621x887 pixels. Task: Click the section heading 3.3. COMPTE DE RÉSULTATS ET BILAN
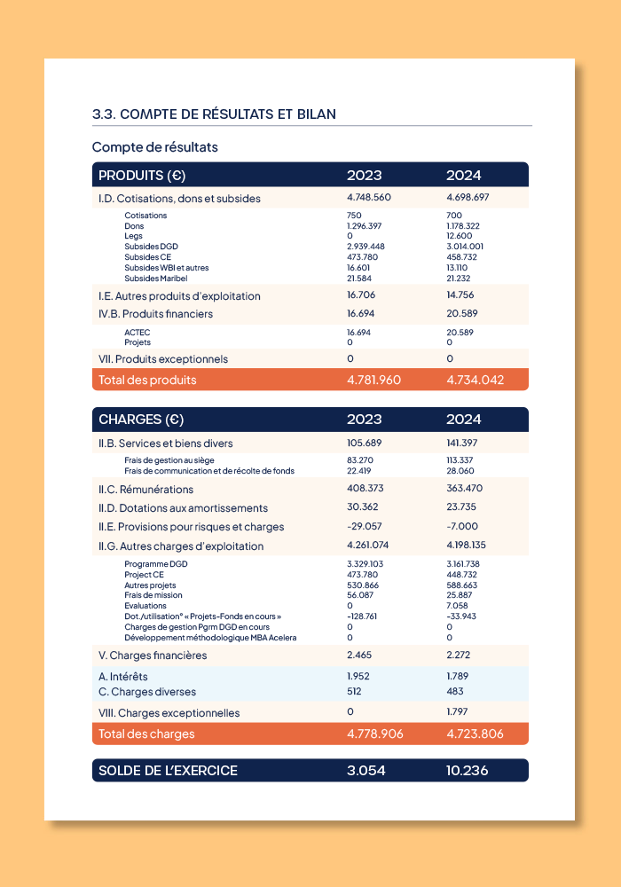214,114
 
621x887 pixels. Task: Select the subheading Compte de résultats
155,147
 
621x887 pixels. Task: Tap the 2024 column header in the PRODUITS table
463,175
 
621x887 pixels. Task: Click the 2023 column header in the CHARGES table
364,420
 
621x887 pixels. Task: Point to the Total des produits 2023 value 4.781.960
373,380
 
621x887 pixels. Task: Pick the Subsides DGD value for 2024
465,247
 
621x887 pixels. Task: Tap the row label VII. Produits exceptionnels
163,359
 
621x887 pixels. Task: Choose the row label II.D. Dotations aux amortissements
183,508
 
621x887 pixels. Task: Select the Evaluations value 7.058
458,606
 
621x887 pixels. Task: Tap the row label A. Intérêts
123,676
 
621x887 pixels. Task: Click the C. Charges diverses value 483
456,691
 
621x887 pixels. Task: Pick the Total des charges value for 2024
476,734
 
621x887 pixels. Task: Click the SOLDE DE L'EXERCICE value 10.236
467,771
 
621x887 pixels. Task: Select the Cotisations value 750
354,216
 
